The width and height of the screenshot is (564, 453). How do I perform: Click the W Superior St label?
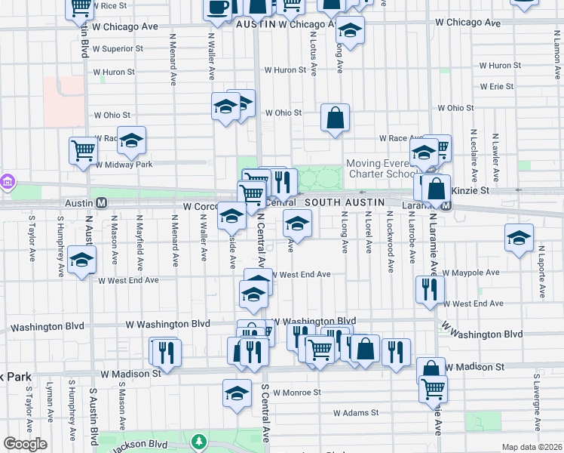point(118,49)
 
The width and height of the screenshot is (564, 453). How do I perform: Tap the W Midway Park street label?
point(123,165)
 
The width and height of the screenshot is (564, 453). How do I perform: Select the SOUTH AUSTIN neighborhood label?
point(345,203)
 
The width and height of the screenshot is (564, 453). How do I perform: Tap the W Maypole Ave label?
point(471,273)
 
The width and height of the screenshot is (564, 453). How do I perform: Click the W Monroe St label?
point(297,393)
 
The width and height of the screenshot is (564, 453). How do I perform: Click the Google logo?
point(25,444)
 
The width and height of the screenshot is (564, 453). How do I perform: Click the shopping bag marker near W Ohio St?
point(335,118)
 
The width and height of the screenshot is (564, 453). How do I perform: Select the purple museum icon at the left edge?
point(7,182)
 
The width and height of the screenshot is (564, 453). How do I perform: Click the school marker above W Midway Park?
point(131,140)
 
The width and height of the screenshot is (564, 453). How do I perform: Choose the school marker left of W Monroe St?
point(237,393)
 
